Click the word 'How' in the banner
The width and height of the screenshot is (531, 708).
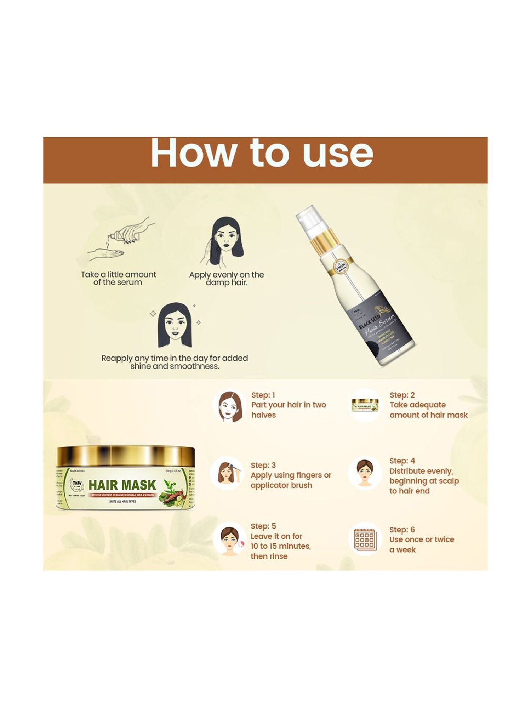click(193, 153)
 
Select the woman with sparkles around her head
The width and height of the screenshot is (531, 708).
click(175, 325)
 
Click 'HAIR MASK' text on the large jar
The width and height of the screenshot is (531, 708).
click(122, 485)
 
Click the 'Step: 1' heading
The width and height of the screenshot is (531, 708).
click(263, 395)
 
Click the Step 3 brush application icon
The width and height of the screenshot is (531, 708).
click(227, 473)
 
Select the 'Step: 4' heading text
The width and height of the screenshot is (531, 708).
click(402, 461)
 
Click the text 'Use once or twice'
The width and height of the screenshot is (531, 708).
click(421, 539)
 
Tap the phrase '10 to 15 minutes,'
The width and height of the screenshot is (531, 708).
click(280, 546)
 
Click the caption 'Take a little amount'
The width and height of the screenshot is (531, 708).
click(118, 275)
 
